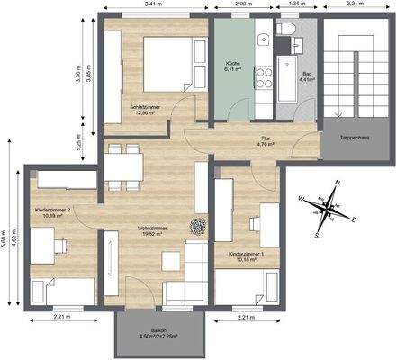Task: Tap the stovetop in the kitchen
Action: [266, 81]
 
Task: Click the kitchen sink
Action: [265, 40]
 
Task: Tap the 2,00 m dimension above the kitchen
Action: [241, 5]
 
